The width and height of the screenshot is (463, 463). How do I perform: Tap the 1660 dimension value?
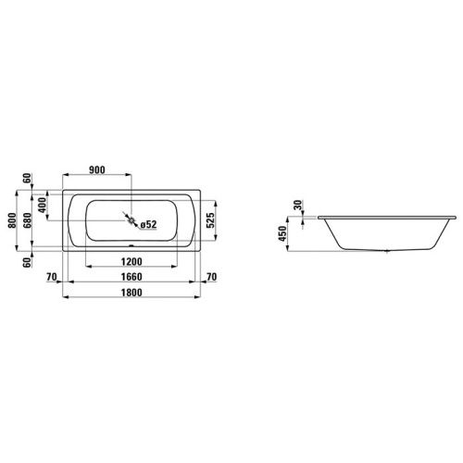click(131, 277)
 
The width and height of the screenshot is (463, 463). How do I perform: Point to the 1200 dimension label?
click(131, 261)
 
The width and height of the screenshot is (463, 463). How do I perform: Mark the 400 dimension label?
click(41, 202)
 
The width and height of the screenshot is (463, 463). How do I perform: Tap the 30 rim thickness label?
click(298, 206)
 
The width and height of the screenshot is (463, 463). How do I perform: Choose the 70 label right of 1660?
click(212, 277)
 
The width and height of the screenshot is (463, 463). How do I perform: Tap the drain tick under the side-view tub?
click(387, 252)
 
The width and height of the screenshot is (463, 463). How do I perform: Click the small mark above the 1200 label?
click(131, 247)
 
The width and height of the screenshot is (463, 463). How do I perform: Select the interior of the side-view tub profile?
click(387, 233)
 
